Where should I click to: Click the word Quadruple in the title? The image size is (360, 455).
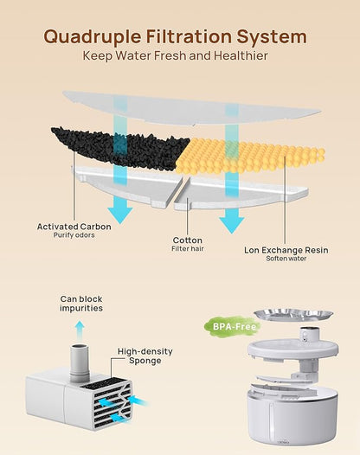[93, 37]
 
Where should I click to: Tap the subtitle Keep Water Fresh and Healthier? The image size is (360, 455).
[176, 55]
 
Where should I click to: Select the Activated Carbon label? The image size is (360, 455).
[74, 227]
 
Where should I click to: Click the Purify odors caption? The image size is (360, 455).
[74, 235]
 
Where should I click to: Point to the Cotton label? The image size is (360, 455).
[188, 240]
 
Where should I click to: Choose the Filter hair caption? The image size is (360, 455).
[188, 248]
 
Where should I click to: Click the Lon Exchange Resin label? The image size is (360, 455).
[286, 250]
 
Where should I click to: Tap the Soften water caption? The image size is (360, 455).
[286, 259]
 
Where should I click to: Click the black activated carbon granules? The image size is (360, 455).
[122, 148]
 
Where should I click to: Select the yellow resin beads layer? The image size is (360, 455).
[250, 155]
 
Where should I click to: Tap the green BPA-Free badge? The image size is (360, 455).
[235, 327]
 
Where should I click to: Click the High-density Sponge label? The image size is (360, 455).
[145, 356]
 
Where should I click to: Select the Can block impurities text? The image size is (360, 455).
[81, 304]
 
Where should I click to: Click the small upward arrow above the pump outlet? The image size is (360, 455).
[80, 330]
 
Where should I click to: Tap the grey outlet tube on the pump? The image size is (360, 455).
[80, 362]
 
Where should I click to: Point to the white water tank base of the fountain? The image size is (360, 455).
[292, 418]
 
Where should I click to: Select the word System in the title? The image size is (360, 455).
[272, 37]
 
